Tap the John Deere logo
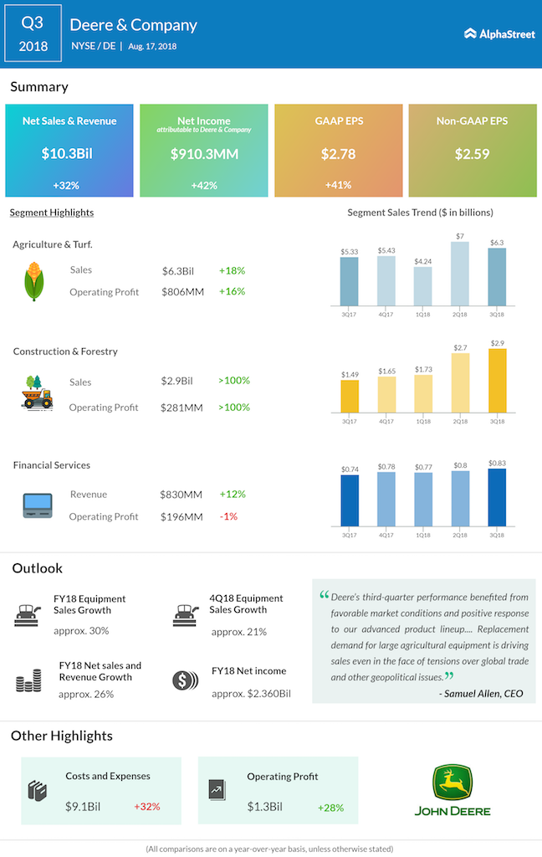click(453, 789)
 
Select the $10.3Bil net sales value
click(69, 154)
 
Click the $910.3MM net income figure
click(203, 154)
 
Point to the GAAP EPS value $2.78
click(338, 154)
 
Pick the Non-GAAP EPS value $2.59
click(473, 154)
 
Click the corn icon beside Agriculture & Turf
click(32, 280)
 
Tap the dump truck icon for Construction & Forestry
click(38, 393)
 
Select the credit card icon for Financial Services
click(38, 504)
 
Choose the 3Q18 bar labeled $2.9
click(497, 381)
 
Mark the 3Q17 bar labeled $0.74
click(349, 500)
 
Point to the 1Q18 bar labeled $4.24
click(423, 286)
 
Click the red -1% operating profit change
click(228, 516)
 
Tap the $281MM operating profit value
click(182, 408)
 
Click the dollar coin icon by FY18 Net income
click(182, 680)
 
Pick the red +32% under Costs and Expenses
click(146, 807)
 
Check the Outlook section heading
click(38, 568)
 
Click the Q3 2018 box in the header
click(33, 33)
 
